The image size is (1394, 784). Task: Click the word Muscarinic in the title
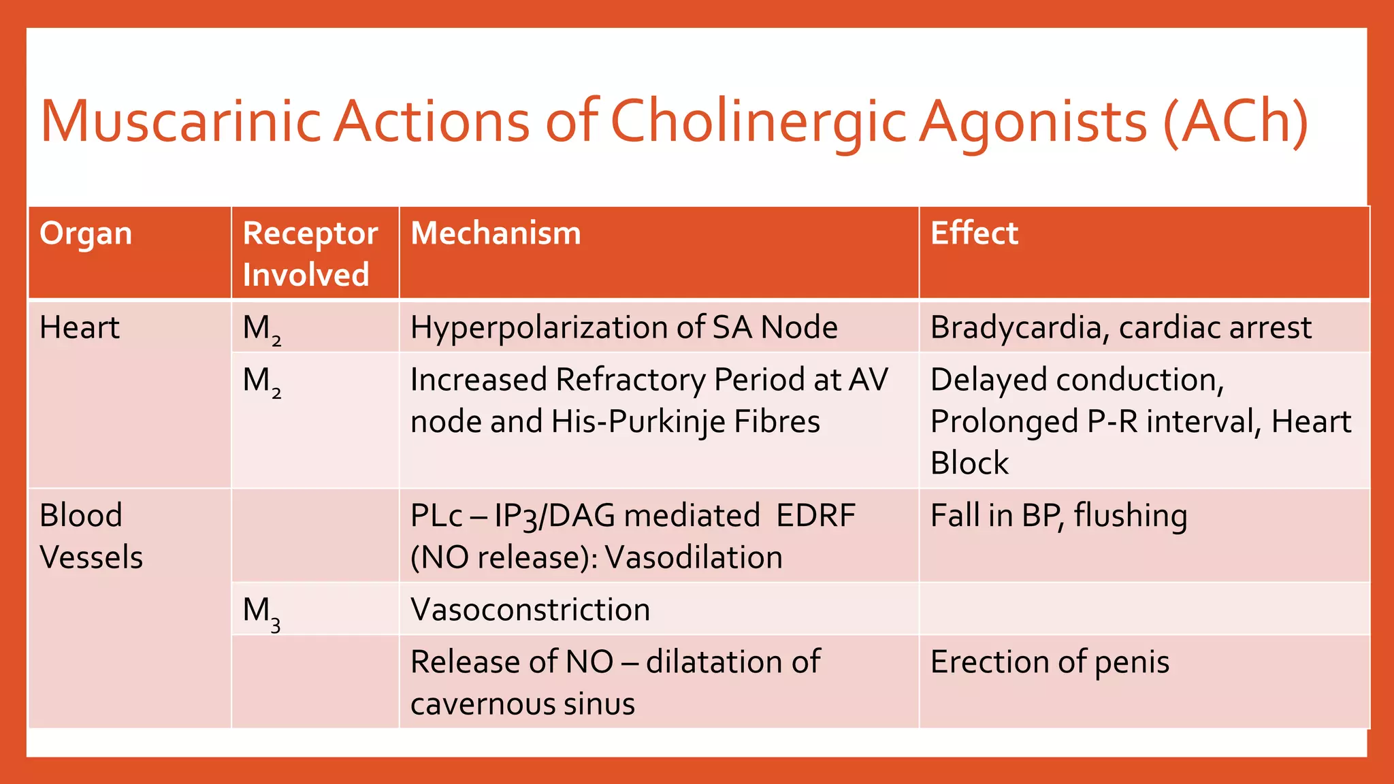[x=180, y=122]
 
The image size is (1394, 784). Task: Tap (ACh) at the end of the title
[x=1235, y=122]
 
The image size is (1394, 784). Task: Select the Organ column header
[x=86, y=233]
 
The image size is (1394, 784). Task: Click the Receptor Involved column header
[x=310, y=253]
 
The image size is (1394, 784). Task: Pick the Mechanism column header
[x=496, y=233]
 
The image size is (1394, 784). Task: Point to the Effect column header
[x=974, y=233]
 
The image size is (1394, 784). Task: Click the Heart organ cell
[x=80, y=328]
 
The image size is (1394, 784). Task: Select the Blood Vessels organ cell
[x=91, y=536]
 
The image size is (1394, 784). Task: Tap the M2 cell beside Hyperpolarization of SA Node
[x=262, y=329]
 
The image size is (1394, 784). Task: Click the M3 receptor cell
[x=262, y=611]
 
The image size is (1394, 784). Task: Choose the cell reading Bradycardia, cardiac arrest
[x=1120, y=328]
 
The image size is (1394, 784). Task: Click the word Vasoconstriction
[x=530, y=610]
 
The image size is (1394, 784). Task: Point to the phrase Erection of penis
[x=1050, y=662]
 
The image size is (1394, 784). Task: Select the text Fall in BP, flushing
[x=1058, y=516]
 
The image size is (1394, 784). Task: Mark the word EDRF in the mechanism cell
[x=815, y=516]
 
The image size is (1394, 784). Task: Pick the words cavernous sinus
[x=522, y=704]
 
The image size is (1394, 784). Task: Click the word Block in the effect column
[x=969, y=463]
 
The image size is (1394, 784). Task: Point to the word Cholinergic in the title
[x=758, y=122]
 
